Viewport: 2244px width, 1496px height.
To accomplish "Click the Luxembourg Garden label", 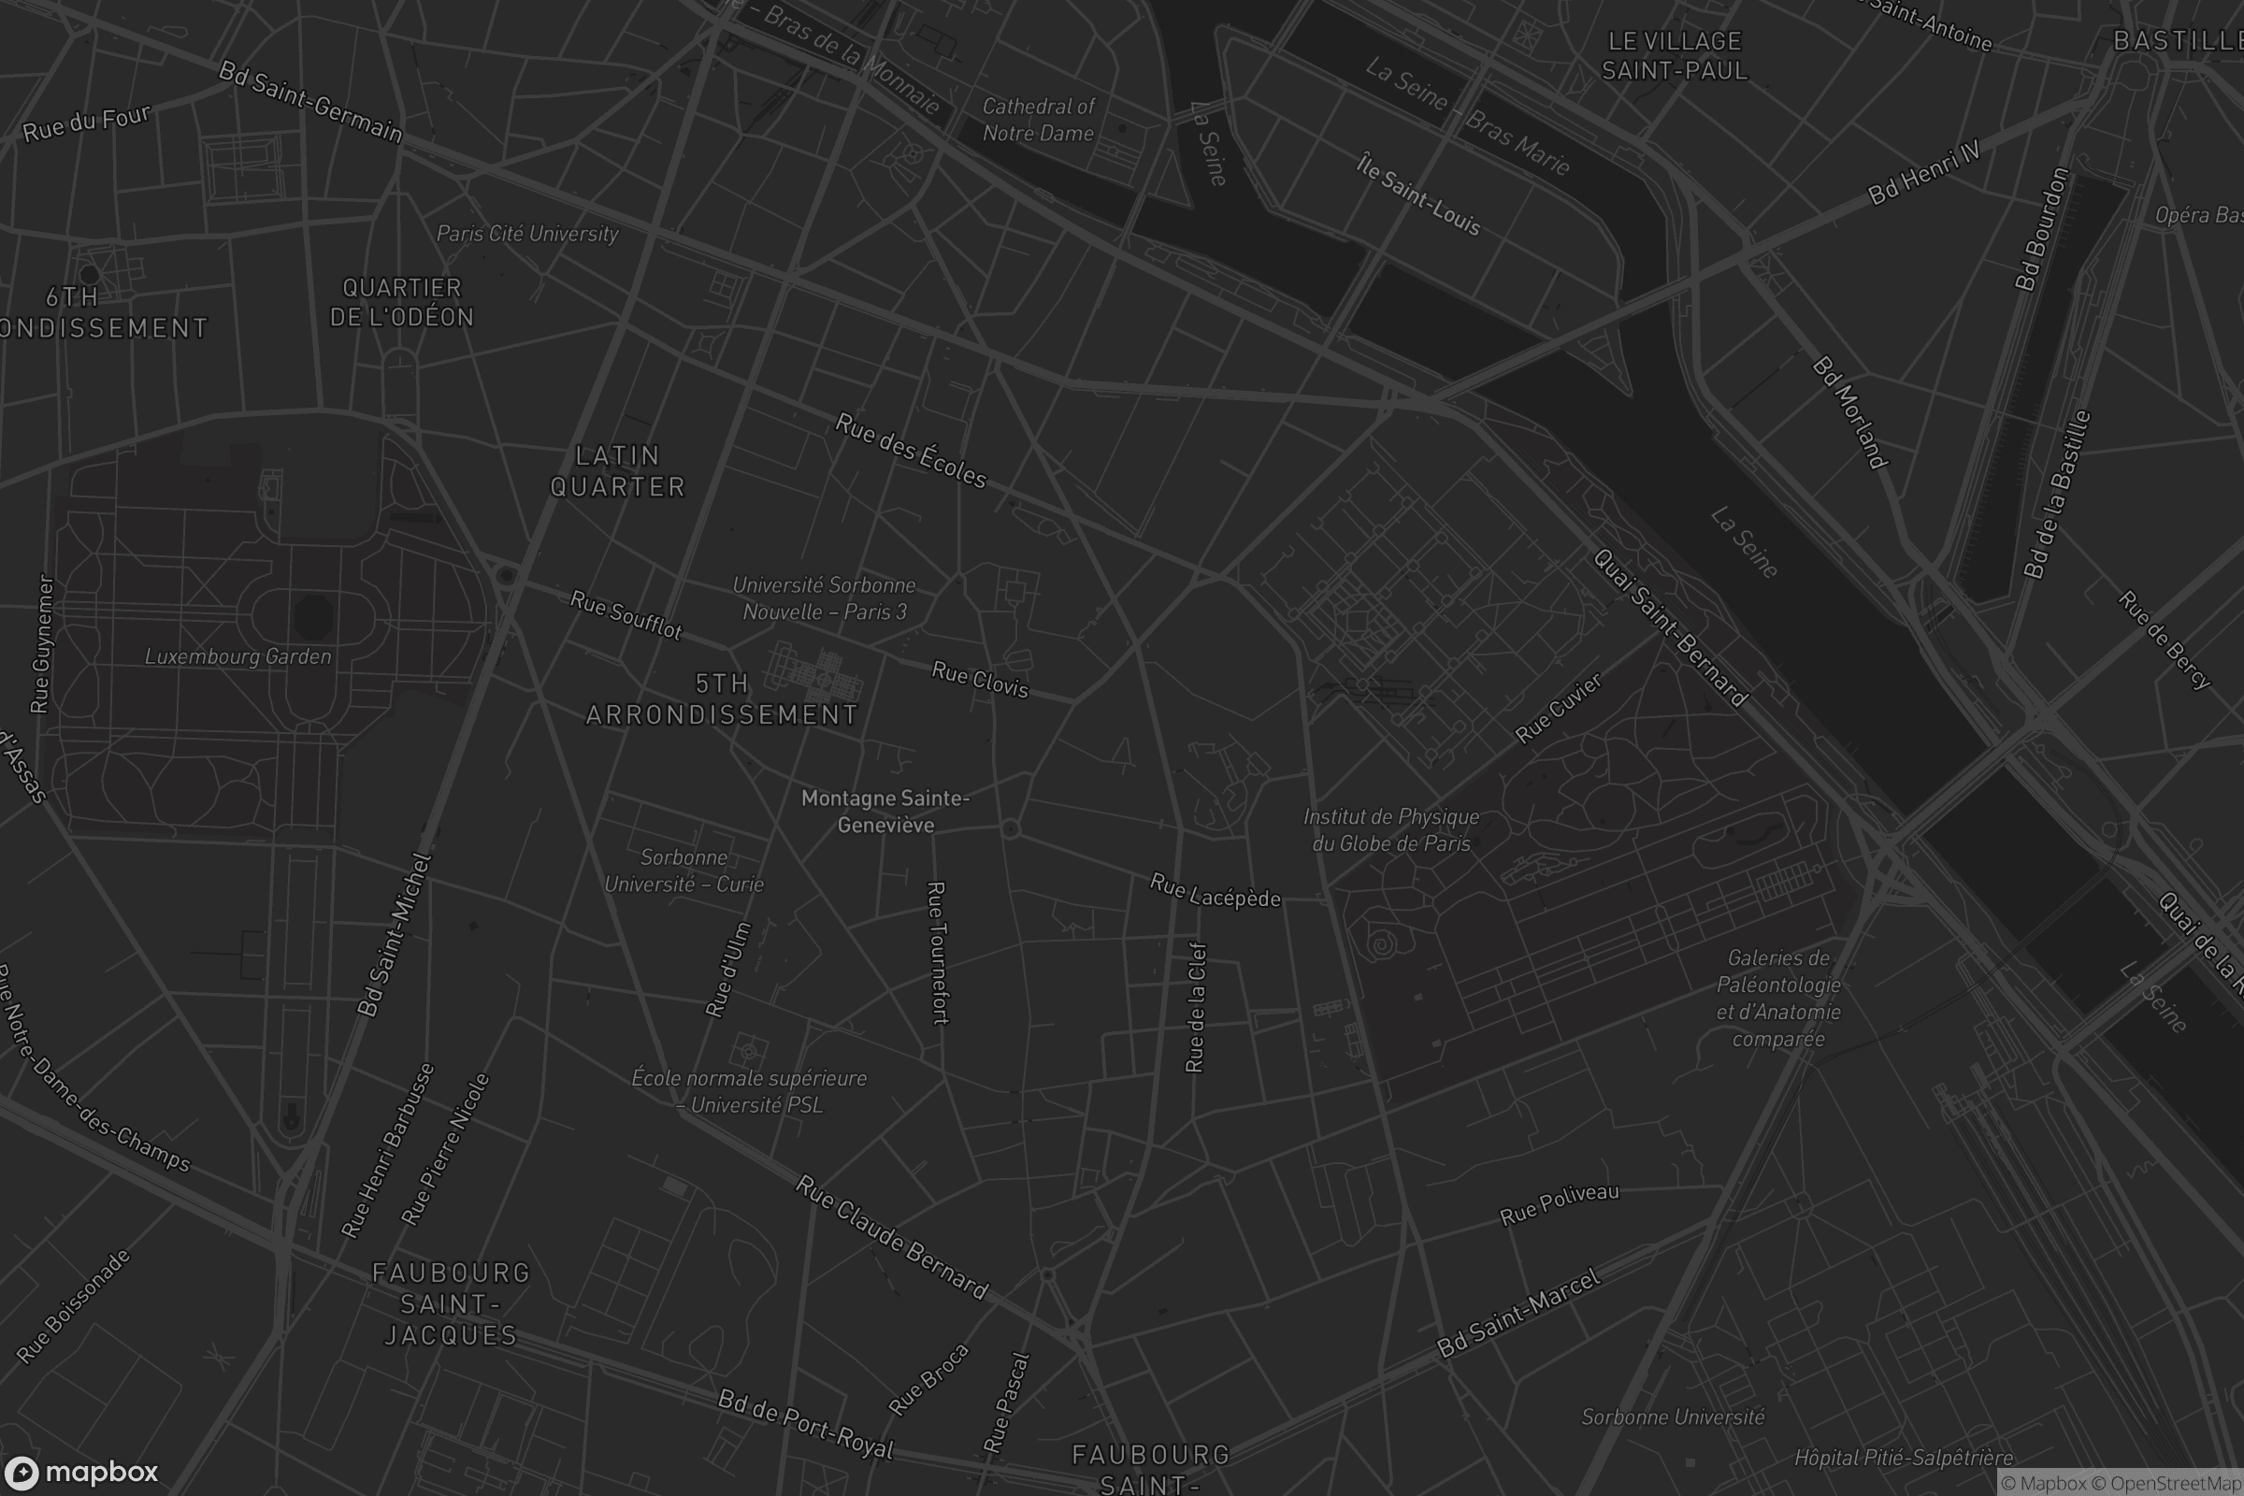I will (238, 656).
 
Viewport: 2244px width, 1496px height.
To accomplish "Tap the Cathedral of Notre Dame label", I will (1038, 120).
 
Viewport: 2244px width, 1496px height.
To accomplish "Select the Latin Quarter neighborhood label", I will (617, 471).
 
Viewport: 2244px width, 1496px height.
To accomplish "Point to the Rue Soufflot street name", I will (626, 615).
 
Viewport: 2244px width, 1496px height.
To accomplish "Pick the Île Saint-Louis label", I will (1418, 194).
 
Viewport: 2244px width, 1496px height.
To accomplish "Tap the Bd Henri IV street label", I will (1923, 173).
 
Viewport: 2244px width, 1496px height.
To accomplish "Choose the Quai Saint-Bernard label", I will (1670, 627).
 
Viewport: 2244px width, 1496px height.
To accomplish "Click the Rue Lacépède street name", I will (1215, 891).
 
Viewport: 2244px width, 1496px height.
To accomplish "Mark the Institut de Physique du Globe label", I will (1391, 830).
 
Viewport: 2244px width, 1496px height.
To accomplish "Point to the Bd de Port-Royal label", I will (805, 1423).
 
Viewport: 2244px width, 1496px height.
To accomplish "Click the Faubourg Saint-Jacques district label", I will (451, 1303).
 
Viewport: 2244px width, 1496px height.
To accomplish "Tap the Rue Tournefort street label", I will (938, 953).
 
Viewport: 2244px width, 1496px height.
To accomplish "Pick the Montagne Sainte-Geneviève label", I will (885, 811).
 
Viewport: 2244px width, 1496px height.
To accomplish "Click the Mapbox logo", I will (80, 1472).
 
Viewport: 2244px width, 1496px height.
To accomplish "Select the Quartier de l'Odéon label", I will (402, 302).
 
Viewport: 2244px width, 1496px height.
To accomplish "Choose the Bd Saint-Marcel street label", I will (1518, 1314).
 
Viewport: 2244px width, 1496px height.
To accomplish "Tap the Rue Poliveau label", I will (1559, 1205).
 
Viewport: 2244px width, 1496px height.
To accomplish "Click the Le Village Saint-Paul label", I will (1675, 55).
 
